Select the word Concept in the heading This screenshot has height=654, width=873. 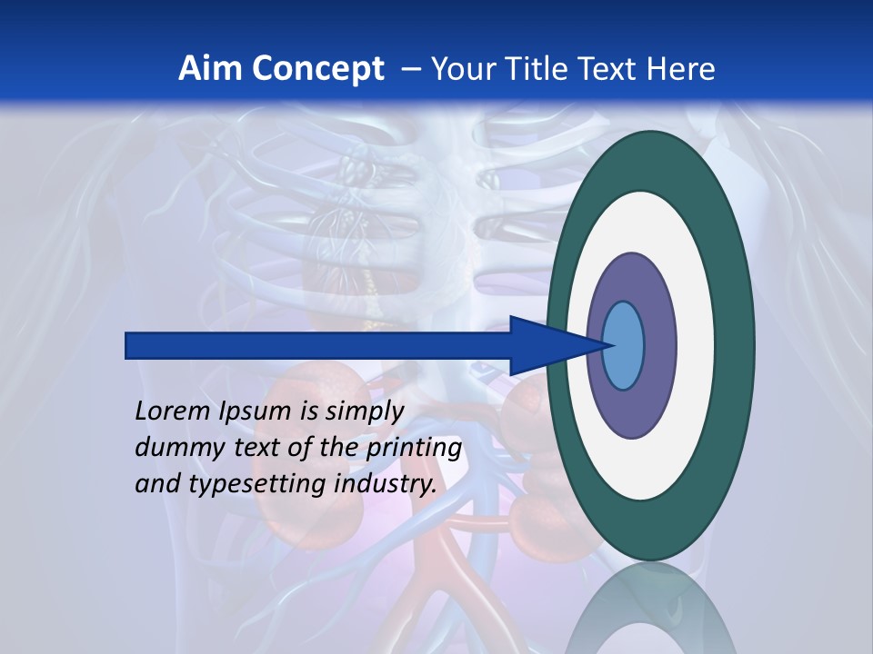click(318, 69)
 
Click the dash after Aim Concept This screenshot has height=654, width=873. click(410, 69)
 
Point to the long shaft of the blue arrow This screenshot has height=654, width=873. click(318, 346)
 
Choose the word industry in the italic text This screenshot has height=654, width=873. click(386, 484)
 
